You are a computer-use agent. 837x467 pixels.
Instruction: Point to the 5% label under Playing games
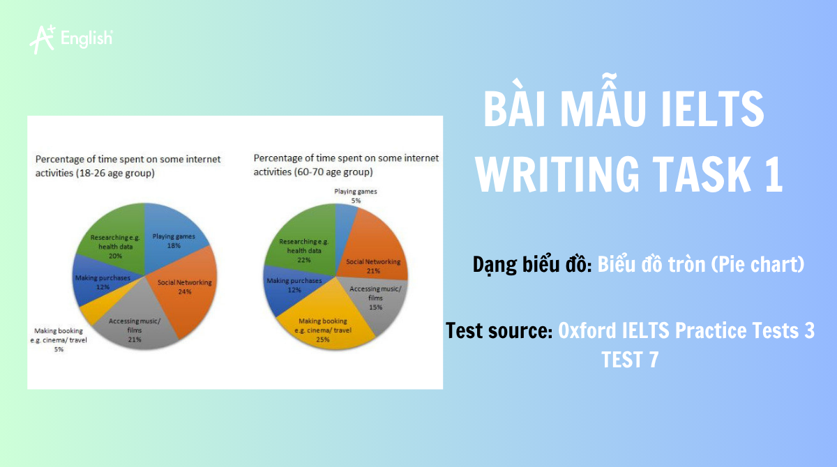click(x=356, y=200)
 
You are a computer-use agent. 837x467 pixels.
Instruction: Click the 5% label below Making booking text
click(x=59, y=350)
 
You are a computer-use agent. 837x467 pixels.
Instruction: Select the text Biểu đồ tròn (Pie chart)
click(x=701, y=265)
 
